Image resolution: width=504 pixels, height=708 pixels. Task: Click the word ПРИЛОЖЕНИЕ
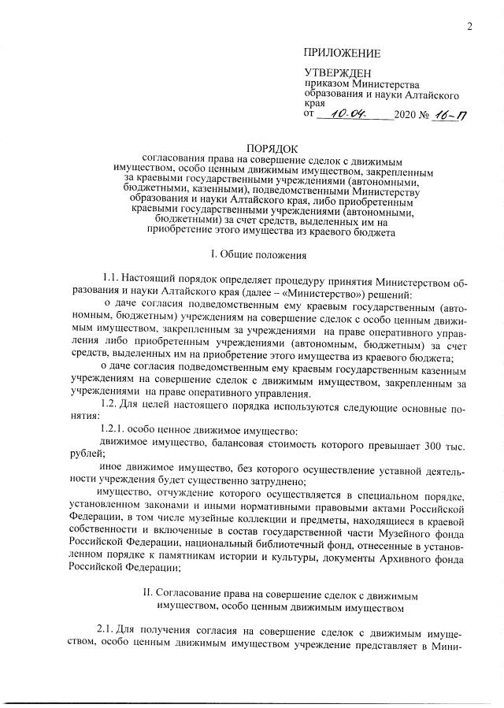[342, 54]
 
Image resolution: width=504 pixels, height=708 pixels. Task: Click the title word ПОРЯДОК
[273, 147]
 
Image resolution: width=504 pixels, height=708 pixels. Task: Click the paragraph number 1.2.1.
[117, 432]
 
